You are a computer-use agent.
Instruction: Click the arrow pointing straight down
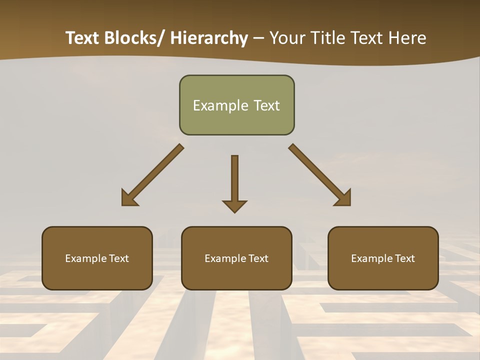pos(234,180)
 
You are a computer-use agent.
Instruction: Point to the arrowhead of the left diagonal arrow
pos(129,198)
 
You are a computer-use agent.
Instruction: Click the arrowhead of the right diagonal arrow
pos(343,198)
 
